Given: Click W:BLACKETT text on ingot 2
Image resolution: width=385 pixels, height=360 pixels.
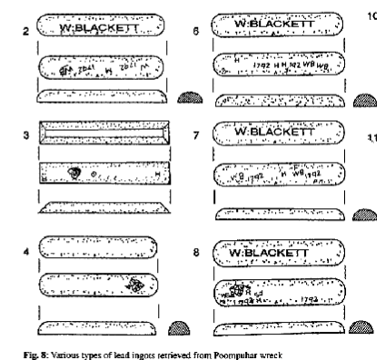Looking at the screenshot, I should click(98, 29).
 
